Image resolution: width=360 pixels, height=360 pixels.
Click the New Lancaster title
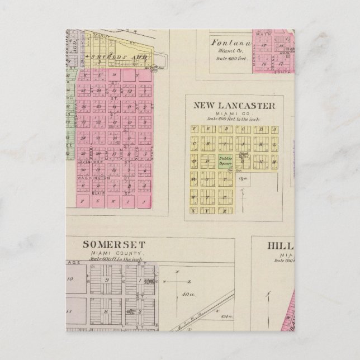pos(234,105)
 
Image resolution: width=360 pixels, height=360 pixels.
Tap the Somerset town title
pos(114,244)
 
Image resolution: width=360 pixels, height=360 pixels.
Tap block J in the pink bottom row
pos(144,200)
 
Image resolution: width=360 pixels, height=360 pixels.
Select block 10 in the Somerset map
pos(70,278)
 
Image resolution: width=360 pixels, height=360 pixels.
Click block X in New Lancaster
pos(194,210)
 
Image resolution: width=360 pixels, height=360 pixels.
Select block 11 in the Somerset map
pos(70,308)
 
